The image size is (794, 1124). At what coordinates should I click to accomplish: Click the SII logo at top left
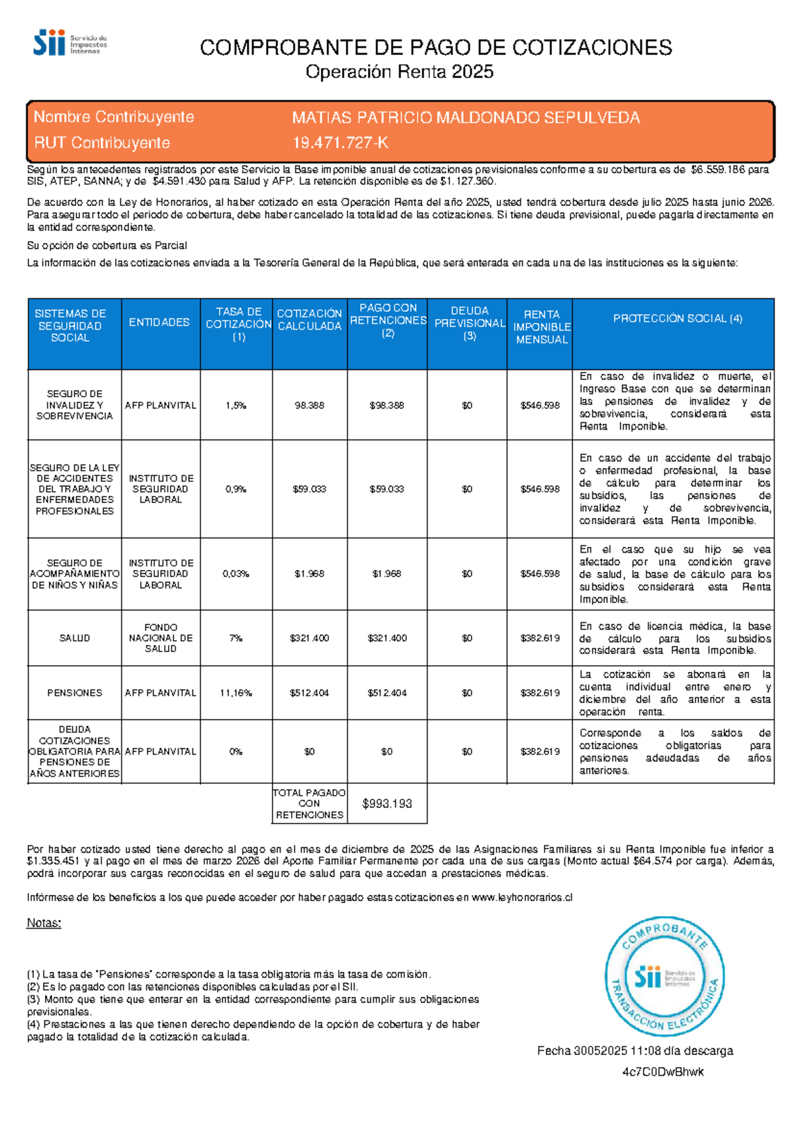(x=69, y=43)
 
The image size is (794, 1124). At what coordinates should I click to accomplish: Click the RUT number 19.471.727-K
(x=340, y=143)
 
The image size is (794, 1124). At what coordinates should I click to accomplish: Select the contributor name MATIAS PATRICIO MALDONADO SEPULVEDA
(x=466, y=118)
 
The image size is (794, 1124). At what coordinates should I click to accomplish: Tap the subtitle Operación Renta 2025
(x=399, y=72)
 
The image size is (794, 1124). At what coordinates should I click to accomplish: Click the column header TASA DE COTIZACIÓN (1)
(x=238, y=324)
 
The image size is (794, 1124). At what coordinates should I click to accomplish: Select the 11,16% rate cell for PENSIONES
(x=236, y=693)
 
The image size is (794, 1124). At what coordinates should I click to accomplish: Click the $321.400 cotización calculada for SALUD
(x=309, y=638)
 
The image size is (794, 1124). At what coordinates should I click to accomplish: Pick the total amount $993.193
(x=387, y=804)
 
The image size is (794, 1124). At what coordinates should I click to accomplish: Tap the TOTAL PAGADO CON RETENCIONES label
(x=309, y=804)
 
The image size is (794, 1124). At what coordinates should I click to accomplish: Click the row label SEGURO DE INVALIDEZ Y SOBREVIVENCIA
(x=74, y=404)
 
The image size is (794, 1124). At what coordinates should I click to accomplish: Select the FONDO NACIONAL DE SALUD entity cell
(x=161, y=638)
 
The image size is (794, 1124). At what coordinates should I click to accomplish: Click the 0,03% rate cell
(x=236, y=574)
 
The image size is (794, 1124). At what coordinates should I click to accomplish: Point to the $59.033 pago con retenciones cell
(x=387, y=489)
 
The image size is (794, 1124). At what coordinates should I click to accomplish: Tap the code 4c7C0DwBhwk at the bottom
(x=662, y=1072)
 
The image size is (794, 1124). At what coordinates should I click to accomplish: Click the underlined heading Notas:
(x=44, y=923)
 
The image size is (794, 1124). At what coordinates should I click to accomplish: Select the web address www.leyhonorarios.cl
(x=521, y=898)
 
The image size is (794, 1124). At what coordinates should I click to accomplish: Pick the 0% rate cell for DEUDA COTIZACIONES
(x=236, y=752)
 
